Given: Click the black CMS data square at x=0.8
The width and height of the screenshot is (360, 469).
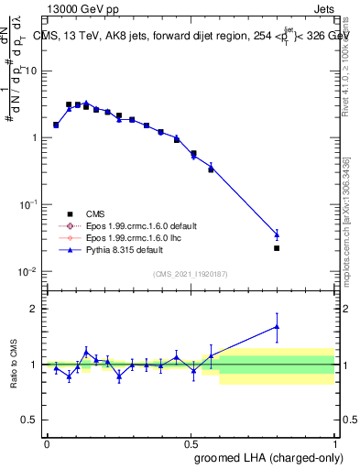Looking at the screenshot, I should [277, 248].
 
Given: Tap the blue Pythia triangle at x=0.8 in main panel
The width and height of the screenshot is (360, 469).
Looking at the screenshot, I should [277, 234].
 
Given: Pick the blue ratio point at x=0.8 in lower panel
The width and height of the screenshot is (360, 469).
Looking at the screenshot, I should [277, 326].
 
